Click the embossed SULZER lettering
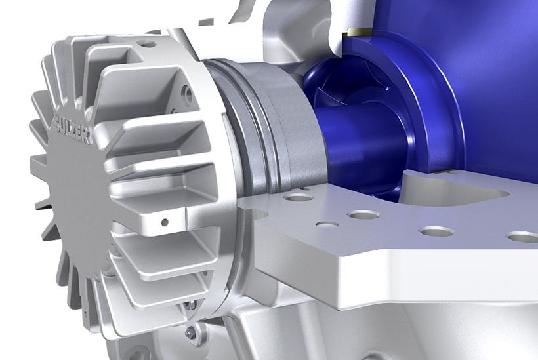tap(73, 125)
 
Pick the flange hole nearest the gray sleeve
tap(298, 197)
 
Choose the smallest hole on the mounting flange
tap(327, 224)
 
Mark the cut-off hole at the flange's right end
tap(524, 237)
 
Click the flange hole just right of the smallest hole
tap(362, 214)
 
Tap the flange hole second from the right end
tap(437, 231)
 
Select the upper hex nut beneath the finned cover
tap(191, 304)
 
